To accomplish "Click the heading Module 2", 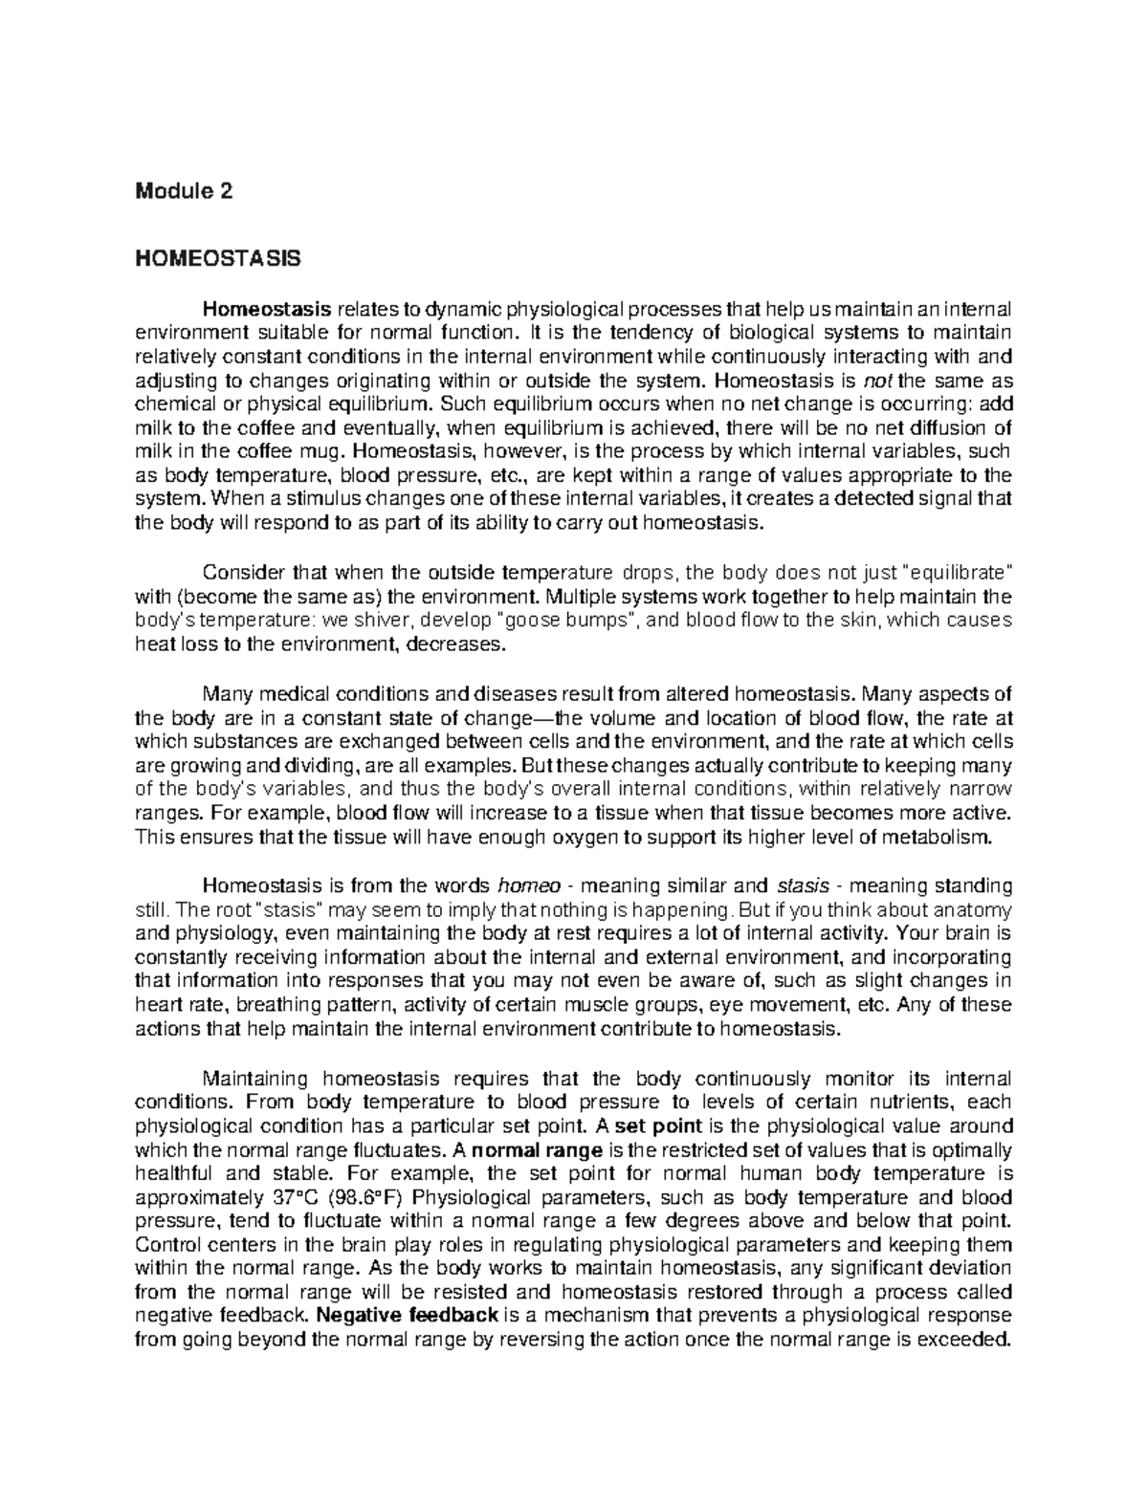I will [x=184, y=191].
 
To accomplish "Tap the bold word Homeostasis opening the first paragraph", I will [x=266, y=309].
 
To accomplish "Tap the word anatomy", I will [x=964, y=908].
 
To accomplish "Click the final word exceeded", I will [x=964, y=1339].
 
